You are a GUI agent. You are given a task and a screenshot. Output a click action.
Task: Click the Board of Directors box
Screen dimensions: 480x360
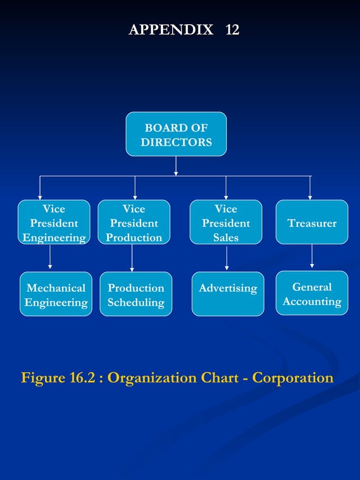click(x=176, y=134)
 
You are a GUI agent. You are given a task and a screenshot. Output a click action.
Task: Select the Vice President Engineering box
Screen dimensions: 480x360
click(x=54, y=222)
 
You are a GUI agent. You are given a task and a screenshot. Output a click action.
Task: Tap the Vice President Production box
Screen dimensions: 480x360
click(x=134, y=222)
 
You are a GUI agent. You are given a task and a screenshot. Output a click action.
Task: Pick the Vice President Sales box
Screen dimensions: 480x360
click(x=226, y=222)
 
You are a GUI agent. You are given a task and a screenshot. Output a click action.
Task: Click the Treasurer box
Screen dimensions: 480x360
click(x=311, y=222)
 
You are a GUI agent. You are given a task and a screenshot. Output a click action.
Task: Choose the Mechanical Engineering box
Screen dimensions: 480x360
click(x=56, y=294)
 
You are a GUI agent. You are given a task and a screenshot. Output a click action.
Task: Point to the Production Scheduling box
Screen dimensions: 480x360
click(x=135, y=294)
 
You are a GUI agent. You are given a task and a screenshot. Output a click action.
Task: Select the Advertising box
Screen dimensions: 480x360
click(x=227, y=294)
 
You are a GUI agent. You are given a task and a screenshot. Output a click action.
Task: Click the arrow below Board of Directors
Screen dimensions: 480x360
click(x=176, y=166)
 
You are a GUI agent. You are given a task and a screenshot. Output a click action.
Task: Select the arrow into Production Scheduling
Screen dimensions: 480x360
click(x=132, y=258)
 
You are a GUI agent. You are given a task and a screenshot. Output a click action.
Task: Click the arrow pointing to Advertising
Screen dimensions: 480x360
click(x=227, y=258)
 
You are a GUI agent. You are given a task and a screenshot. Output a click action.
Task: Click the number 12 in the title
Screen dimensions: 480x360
click(x=232, y=29)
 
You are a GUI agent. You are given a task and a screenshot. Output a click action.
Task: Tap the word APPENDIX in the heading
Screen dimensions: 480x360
click(x=171, y=29)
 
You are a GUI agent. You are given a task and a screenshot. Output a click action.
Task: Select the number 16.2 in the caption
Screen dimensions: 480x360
click(x=82, y=377)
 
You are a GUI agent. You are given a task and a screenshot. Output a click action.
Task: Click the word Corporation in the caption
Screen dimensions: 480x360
click(x=292, y=377)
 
